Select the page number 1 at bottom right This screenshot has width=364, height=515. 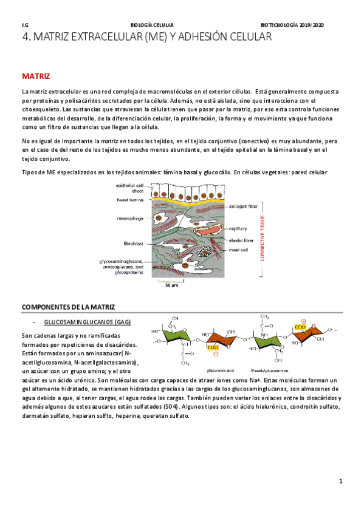point(342,482)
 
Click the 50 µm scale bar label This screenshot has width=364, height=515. point(172,286)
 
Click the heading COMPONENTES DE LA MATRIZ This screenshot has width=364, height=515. point(68,307)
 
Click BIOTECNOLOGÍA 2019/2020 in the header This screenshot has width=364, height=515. point(292,25)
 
